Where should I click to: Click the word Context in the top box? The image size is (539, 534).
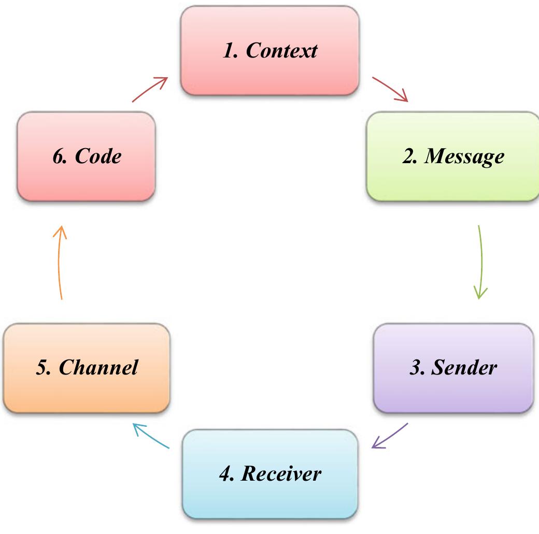click(281, 51)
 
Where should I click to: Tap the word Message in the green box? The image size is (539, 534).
click(464, 156)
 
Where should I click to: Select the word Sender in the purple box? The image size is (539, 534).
click(464, 367)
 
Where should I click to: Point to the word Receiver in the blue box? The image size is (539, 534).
click(281, 473)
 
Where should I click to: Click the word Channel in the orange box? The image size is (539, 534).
click(98, 367)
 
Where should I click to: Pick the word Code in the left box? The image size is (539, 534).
click(98, 156)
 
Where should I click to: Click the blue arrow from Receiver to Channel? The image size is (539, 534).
click(151, 436)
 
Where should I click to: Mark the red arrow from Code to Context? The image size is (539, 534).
click(150, 90)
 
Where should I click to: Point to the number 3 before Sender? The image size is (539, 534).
click(415, 367)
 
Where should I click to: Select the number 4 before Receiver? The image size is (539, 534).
click(225, 473)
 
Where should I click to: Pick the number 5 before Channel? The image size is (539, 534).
click(42, 367)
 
